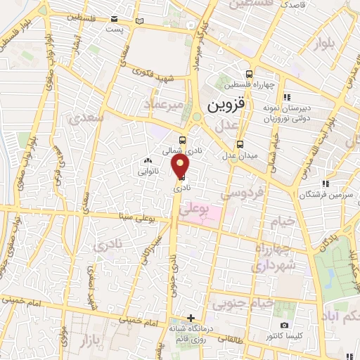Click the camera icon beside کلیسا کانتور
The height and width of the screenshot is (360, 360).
coord(284,325)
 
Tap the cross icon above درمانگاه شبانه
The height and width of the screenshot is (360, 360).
coord(191,318)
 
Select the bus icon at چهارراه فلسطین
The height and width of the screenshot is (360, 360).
coord(249,74)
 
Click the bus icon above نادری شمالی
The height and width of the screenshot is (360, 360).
coord(182,140)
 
